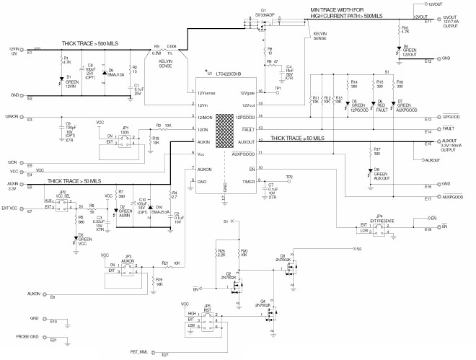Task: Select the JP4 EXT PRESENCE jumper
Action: click(379, 227)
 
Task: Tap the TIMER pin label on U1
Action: click(247, 182)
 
